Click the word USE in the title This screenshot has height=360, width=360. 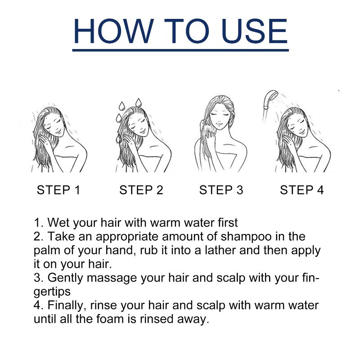(x=255, y=31)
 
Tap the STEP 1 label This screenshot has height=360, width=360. (x=58, y=190)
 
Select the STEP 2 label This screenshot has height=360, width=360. (x=141, y=190)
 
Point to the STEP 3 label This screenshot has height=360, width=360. (x=221, y=190)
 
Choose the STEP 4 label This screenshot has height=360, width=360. (x=301, y=190)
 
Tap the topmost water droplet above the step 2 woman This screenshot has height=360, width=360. (x=139, y=103)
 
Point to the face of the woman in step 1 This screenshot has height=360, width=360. (x=54, y=127)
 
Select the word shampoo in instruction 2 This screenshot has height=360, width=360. (x=246, y=237)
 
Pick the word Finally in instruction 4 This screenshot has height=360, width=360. (x=67, y=306)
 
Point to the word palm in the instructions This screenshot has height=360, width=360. (x=47, y=251)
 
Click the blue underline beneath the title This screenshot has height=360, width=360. (x=180, y=50)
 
